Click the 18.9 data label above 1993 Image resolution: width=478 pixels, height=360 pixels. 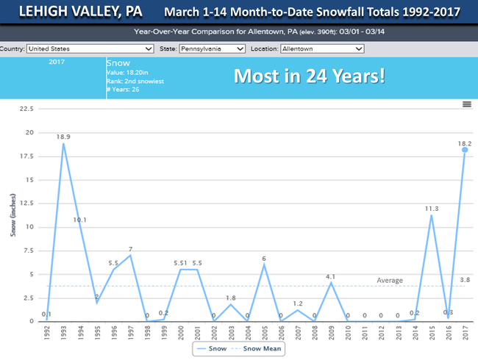click(63, 137)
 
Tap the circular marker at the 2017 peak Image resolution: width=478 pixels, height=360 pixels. click(465, 149)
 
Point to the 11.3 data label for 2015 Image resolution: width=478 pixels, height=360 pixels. click(432, 209)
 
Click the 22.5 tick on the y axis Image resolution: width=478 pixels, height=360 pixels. click(26, 109)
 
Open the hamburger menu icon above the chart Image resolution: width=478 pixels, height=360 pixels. click(466, 104)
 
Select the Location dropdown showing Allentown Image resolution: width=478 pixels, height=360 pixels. click(322, 49)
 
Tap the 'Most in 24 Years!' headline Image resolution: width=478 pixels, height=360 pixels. click(309, 76)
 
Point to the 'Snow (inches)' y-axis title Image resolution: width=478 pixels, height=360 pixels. click(13, 213)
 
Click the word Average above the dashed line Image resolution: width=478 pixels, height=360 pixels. click(390, 280)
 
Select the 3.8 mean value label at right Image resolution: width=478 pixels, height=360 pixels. click(465, 280)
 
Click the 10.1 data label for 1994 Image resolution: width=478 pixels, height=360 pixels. click(81, 220)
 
